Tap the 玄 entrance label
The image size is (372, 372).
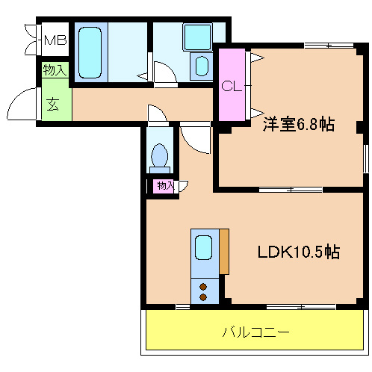pyautogui.click(x=55, y=104)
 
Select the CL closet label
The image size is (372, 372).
pyautogui.click(x=232, y=86)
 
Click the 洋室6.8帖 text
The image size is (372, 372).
pyautogui.click(x=297, y=125)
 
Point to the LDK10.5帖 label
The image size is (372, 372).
pyautogui.click(x=299, y=252)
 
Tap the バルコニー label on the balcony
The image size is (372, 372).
pyautogui.click(x=255, y=331)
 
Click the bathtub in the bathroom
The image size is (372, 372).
pyautogui.click(x=92, y=52)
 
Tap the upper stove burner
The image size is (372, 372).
pyautogui.click(x=203, y=285)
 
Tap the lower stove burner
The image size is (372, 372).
pyautogui.click(x=203, y=297)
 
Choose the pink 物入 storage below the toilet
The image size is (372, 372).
pyautogui.click(x=164, y=185)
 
